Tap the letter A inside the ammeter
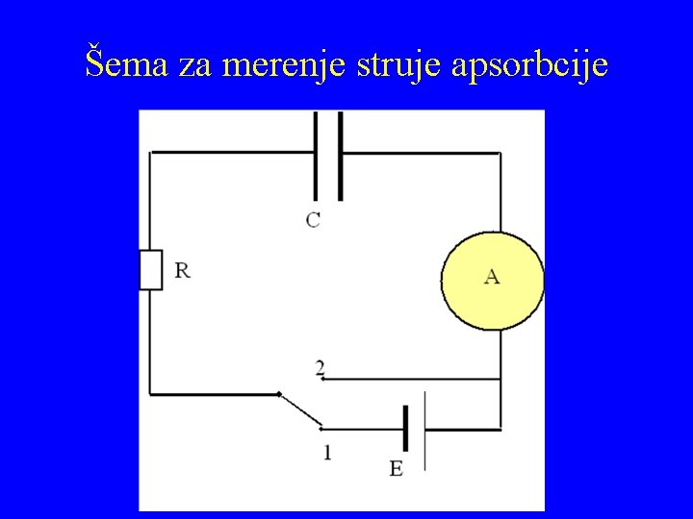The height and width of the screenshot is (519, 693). pyautogui.click(x=492, y=277)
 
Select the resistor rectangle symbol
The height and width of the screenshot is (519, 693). pyautogui.click(x=150, y=269)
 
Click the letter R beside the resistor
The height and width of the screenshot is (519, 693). pyautogui.click(x=182, y=270)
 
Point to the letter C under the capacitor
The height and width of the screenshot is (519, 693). pyautogui.click(x=314, y=219)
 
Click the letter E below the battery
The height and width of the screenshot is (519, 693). pyautogui.click(x=396, y=469)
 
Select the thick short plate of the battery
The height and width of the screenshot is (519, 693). pyautogui.click(x=406, y=429)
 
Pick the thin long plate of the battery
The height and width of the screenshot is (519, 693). pyautogui.click(x=424, y=429)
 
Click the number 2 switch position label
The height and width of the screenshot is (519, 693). pyautogui.click(x=320, y=367)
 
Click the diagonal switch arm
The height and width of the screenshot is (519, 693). pyautogui.click(x=299, y=411)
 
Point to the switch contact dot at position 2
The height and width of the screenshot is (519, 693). pyautogui.click(x=322, y=378)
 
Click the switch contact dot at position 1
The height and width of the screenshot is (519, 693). pyautogui.click(x=321, y=429)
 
